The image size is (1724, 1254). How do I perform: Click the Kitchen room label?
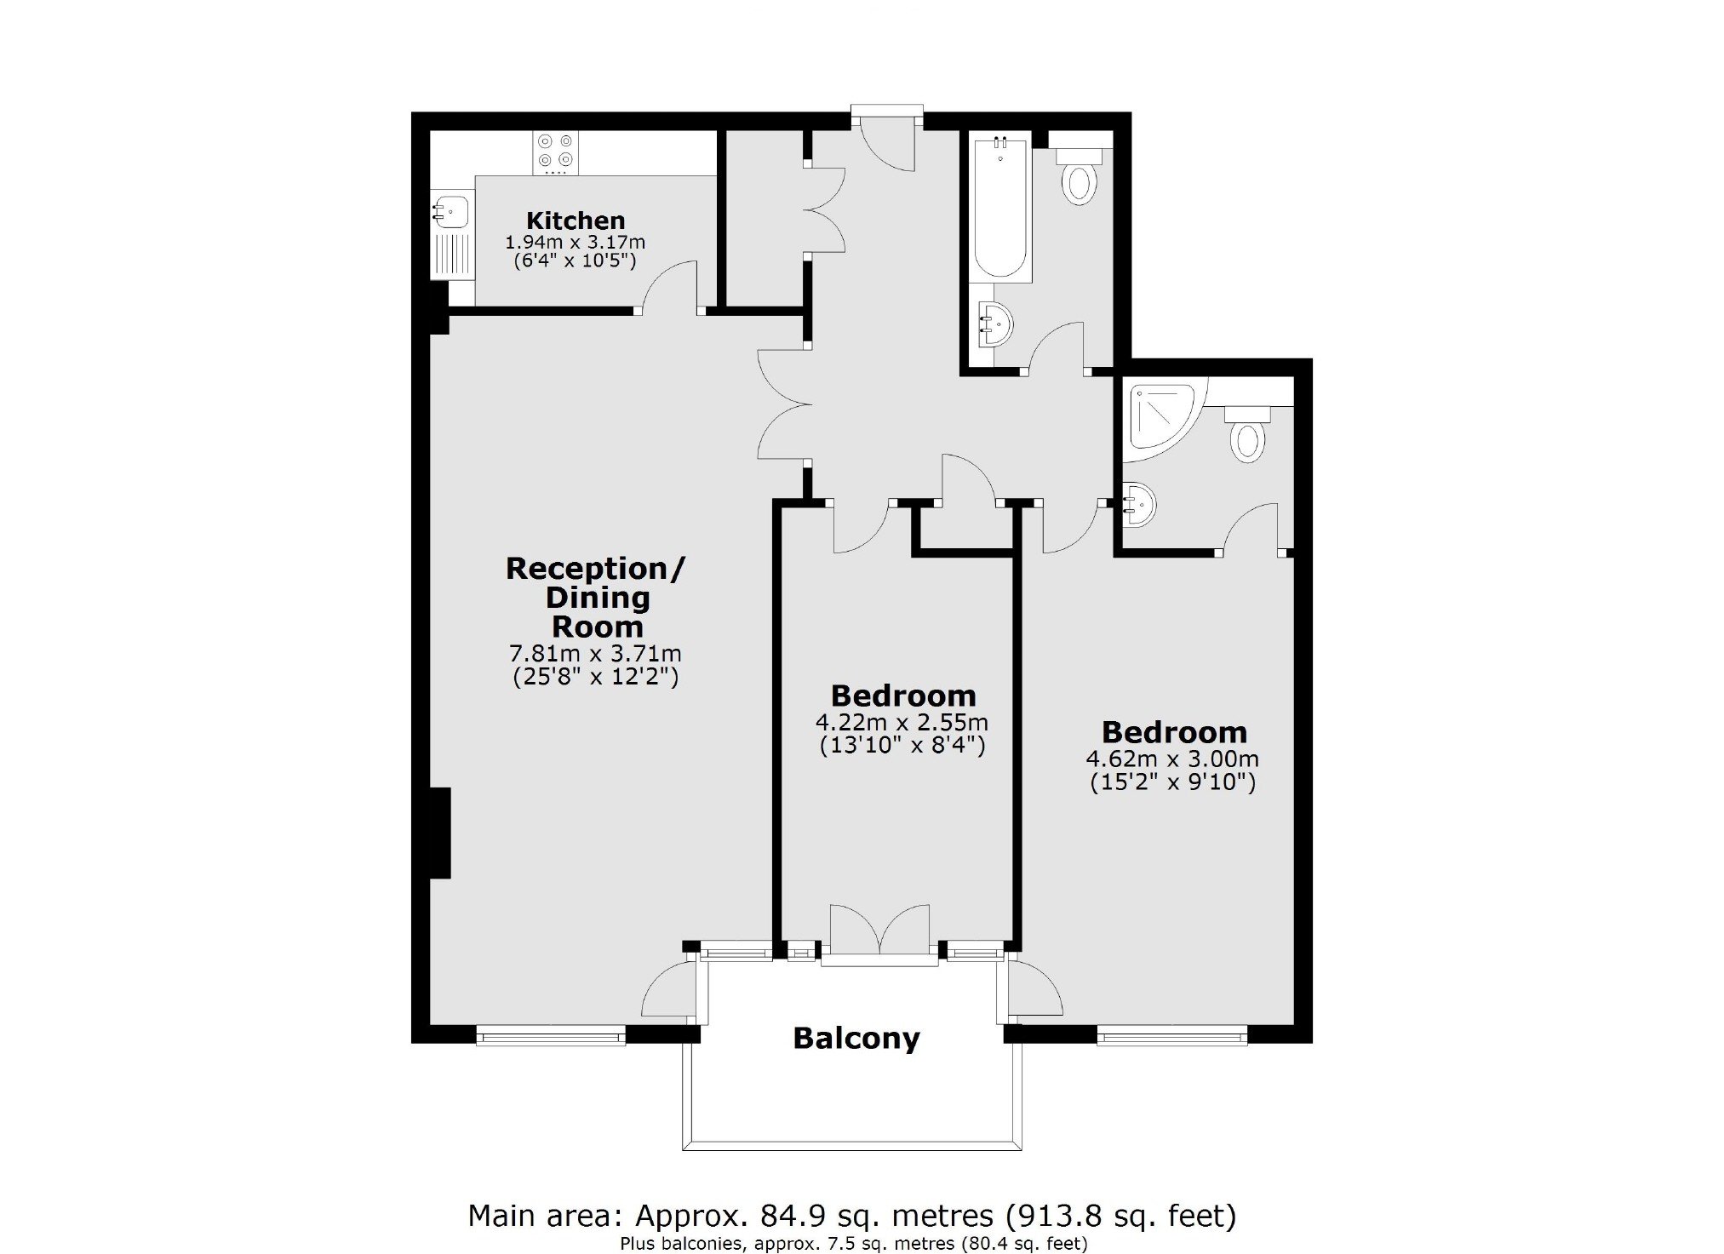(x=576, y=220)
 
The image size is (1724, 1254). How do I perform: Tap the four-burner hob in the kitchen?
(x=555, y=153)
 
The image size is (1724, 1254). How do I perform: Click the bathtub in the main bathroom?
(x=1000, y=208)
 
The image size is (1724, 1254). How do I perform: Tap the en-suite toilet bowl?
(x=1248, y=434)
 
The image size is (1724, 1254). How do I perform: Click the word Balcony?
(x=856, y=1039)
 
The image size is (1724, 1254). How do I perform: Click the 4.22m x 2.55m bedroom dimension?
(x=902, y=723)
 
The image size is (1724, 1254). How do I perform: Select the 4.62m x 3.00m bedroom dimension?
(x=1172, y=759)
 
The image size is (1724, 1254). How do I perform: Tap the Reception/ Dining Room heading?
(x=595, y=598)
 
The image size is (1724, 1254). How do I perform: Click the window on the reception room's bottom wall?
(x=551, y=1035)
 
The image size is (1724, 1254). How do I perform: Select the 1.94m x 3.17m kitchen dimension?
(x=576, y=243)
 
